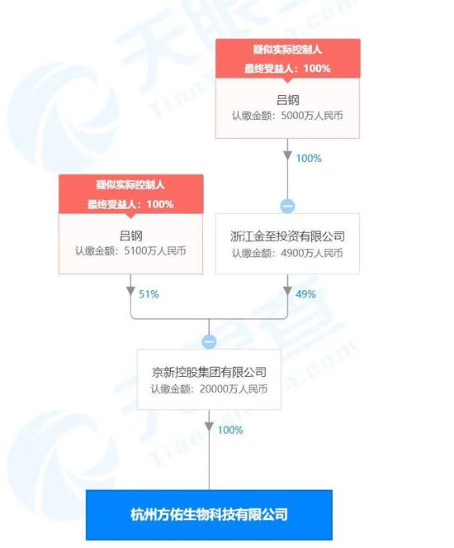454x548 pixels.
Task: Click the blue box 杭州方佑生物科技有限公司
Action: click(x=209, y=515)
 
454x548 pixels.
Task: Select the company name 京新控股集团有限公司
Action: click(x=209, y=372)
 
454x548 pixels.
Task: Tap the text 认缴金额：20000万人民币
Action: click(x=209, y=389)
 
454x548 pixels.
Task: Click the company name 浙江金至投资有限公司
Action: click(x=287, y=236)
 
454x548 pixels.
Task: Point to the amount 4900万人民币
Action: click(x=312, y=253)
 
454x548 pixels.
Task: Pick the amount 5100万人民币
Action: click(x=155, y=251)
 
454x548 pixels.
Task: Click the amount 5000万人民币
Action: click(x=312, y=116)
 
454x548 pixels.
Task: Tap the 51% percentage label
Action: click(x=149, y=294)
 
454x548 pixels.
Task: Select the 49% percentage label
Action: click(x=305, y=294)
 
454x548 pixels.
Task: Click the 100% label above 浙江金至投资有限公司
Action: click(x=309, y=159)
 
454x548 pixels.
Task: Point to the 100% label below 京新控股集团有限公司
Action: click(x=230, y=430)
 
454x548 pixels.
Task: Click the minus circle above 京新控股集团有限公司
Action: click(x=209, y=341)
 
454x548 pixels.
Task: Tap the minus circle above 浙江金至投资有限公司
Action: click(x=287, y=206)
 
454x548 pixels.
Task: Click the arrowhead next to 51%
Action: click(x=130, y=291)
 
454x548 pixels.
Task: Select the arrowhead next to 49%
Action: click(x=287, y=291)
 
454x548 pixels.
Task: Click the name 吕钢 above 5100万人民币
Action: click(x=131, y=236)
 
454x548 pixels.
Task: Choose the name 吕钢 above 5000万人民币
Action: click(x=288, y=100)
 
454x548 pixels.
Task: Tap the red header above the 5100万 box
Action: click(x=131, y=194)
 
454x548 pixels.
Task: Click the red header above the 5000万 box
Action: click(x=288, y=59)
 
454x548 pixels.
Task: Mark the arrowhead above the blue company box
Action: click(x=209, y=426)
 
